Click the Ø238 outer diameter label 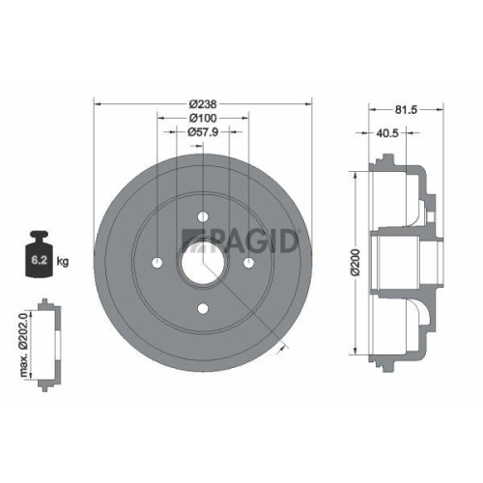(203, 103)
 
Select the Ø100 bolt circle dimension (203, 118)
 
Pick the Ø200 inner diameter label (355, 261)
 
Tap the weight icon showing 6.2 (40, 255)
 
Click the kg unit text (64, 261)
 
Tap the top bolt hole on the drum (203, 216)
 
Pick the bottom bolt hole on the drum (203, 309)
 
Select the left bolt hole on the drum (156, 263)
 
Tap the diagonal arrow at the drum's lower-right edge (281, 344)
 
